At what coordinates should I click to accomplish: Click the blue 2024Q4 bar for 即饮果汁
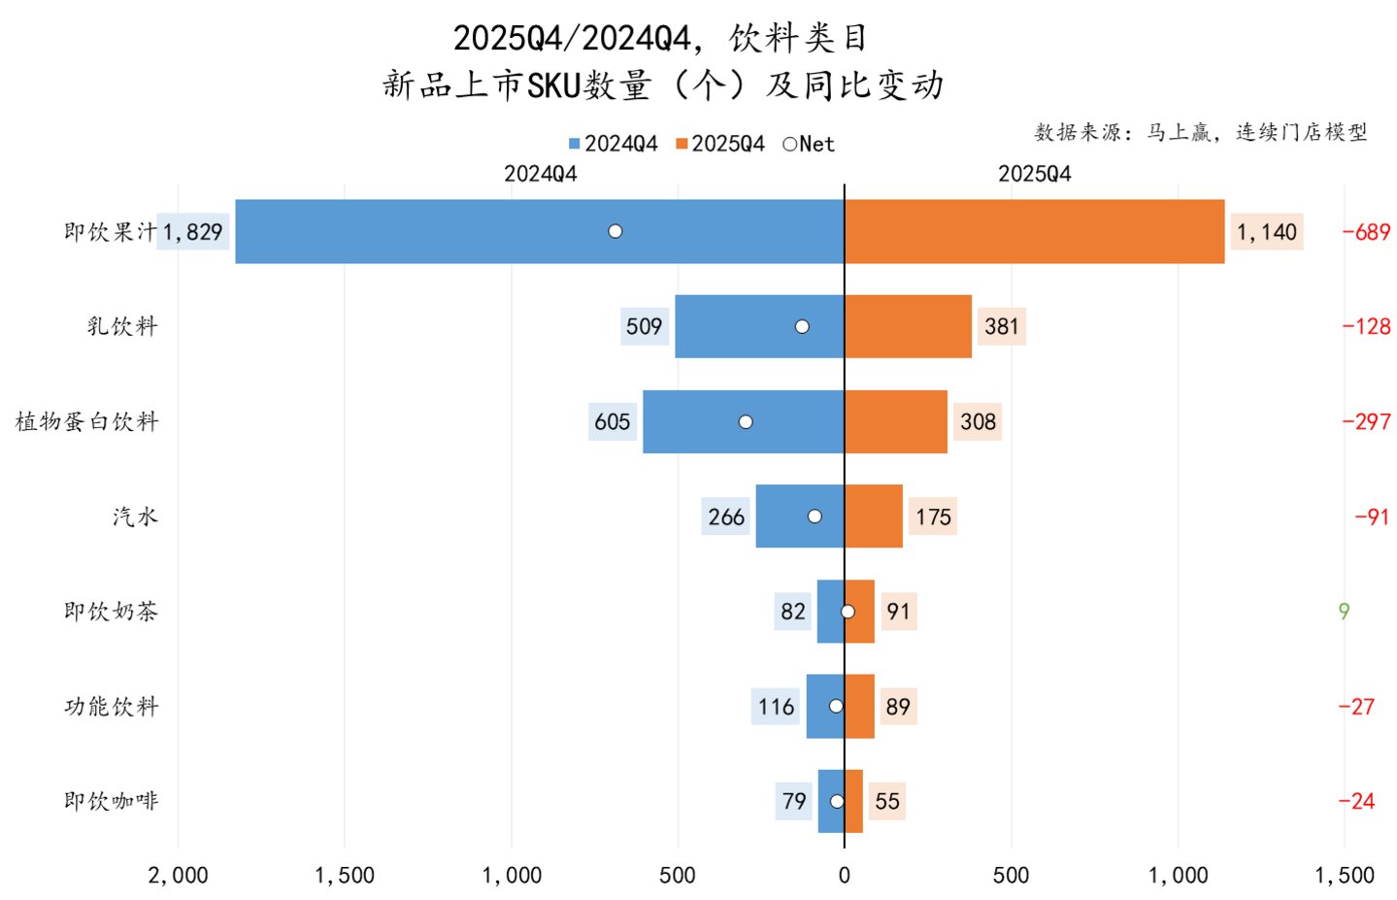[x=540, y=231]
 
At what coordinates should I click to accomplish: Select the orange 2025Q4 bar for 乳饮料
[x=908, y=326]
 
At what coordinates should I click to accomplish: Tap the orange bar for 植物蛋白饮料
[x=896, y=421]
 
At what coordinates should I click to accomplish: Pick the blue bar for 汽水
[x=800, y=517]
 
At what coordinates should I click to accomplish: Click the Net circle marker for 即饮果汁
[x=615, y=231]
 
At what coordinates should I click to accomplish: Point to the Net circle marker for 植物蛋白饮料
[x=746, y=422]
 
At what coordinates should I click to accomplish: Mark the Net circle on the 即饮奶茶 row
[x=848, y=612]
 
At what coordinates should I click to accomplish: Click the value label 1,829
[x=193, y=232]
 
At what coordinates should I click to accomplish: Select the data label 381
[x=1002, y=326]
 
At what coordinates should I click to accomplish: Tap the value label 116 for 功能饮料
[x=776, y=707]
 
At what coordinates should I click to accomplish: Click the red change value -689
[x=1367, y=232]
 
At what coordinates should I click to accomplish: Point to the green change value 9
[x=1344, y=612]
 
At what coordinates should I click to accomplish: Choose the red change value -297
[x=1367, y=421]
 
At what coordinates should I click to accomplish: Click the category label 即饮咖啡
[x=112, y=801]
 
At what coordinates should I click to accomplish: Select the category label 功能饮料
[x=112, y=707]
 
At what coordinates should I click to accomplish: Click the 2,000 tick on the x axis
[x=178, y=876]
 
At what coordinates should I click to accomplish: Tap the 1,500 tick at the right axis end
[x=1345, y=876]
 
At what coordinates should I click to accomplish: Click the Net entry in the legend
[x=809, y=144]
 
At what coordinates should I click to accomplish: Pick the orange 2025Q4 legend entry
[x=720, y=144]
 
